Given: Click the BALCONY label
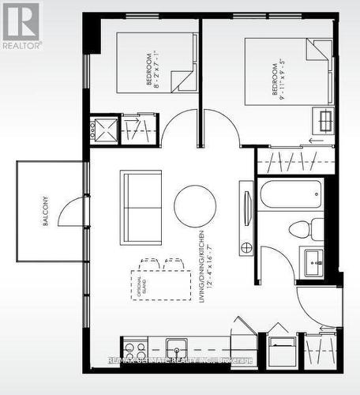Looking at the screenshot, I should point(46,212).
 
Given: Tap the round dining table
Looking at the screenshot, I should point(195,205).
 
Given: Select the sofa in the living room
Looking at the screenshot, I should point(141,207).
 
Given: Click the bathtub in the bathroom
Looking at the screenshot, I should point(291,194).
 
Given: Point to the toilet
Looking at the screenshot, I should point(303,229).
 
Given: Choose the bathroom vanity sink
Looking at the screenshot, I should point(312,260).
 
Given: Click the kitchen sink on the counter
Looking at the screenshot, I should point(175,348).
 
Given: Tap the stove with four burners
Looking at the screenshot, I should point(135,350).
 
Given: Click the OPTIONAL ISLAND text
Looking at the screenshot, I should point(141,283).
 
